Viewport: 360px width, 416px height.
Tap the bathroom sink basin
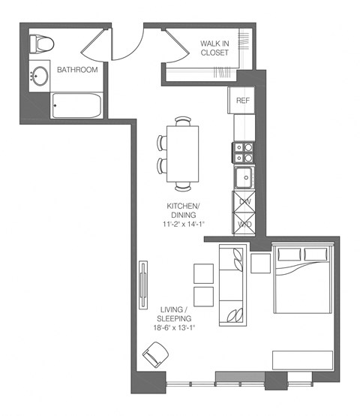[39, 76]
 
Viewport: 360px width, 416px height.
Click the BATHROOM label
[79, 70]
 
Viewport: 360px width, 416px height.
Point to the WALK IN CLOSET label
[214, 48]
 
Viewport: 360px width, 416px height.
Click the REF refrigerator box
[243, 101]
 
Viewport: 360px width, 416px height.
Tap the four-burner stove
[243, 152]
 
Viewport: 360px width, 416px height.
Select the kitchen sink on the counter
[244, 178]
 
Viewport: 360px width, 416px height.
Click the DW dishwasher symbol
[244, 202]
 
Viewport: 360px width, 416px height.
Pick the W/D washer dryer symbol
[244, 223]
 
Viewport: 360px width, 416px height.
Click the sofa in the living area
[231, 285]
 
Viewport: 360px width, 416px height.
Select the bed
[301, 279]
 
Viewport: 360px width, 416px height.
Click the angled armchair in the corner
[156, 354]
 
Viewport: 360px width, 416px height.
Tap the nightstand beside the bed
[260, 263]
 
